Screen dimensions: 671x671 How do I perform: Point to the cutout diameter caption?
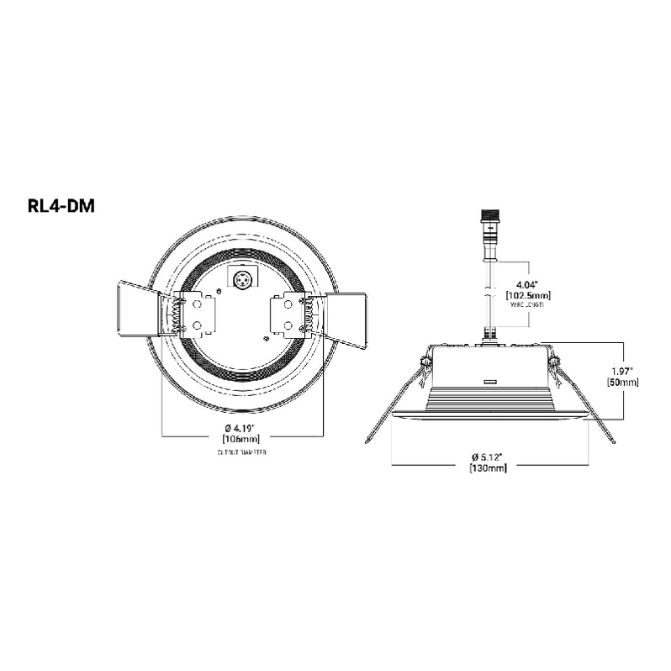[x=243, y=452]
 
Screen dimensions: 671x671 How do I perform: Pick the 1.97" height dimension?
[x=622, y=369]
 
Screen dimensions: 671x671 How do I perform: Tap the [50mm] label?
[x=622, y=382]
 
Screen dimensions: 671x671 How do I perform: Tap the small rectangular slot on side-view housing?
[x=491, y=380]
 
